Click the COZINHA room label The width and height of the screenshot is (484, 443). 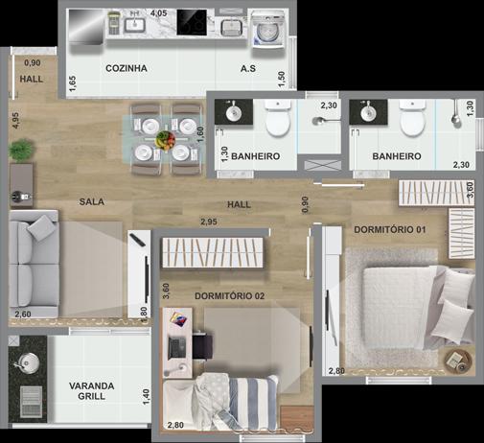click(127, 68)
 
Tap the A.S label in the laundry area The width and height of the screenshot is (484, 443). click(248, 69)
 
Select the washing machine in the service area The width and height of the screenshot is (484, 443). click(268, 30)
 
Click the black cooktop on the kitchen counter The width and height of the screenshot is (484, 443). click(192, 22)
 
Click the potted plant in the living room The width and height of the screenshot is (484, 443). click(22, 150)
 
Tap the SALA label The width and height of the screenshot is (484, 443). click(92, 201)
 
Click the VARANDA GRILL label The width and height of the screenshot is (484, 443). click(92, 391)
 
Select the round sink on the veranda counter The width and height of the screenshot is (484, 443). click(29, 362)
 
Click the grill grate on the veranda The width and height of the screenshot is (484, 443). click(31, 402)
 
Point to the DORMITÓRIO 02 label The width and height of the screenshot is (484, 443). click(229, 296)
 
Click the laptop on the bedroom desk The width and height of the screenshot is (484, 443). click(177, 347)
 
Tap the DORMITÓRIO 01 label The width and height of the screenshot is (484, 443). click(390, 229)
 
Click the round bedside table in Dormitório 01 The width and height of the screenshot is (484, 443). click(457, 361)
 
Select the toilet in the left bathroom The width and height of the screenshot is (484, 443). click(278, 117)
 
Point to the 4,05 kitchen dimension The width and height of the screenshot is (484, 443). click(159, 13)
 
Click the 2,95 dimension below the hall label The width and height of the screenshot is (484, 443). click(209, 221)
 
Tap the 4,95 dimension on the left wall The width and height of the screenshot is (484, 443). click(15, 121)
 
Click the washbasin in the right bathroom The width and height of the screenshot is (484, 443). click(369, 111)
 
